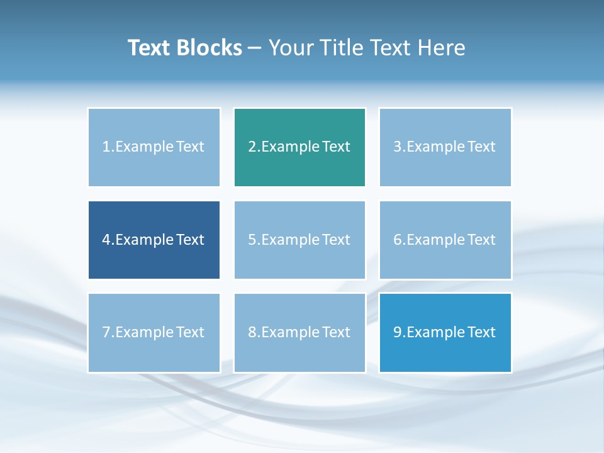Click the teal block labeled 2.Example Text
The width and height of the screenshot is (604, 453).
click(x=299, y=147)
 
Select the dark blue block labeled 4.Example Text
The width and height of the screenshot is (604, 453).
click(x=154, y=240)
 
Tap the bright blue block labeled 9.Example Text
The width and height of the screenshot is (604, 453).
click(x=445, y=332)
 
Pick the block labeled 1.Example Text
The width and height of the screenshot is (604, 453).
click(x=154, y=147)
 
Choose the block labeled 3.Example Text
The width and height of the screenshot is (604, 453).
click(x=445, y=147)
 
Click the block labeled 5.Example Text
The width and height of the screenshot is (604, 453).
click(x=299, y=240)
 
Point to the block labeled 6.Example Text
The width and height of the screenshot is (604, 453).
click(x=445, y=240)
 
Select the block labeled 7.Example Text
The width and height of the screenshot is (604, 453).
click(x=154, y=332)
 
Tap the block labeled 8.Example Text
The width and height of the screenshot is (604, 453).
click(x=299, y=332)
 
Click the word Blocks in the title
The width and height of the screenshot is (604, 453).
click(x=210, y=48)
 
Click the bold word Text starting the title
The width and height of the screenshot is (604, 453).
click(x=149, y=48)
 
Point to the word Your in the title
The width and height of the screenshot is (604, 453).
click(x=291, y=48)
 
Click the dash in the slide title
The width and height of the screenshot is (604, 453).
click(x=255, y=48)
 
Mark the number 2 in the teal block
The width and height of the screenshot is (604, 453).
click(x=252, y=147)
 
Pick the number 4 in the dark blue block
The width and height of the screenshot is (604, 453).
click(x=106, y=240)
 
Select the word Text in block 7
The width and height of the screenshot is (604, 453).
click(x=190, y=332)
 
